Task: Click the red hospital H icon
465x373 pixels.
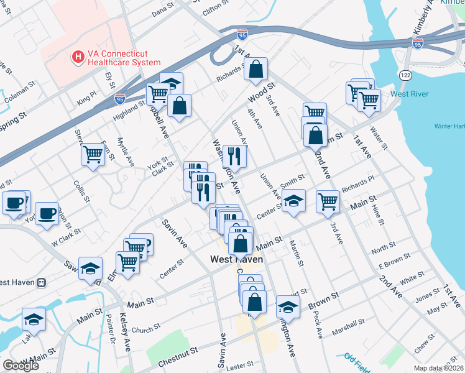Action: tap(78, 58)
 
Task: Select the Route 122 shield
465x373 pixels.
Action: tap(406, 75)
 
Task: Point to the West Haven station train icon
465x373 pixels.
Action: tap(42, 282)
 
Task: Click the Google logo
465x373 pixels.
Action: tap(21, 366)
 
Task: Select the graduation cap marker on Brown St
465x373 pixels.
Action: tap(288, 306)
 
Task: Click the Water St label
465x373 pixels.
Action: tap(379, 137)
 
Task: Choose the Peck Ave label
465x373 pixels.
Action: tap(320, 329)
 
